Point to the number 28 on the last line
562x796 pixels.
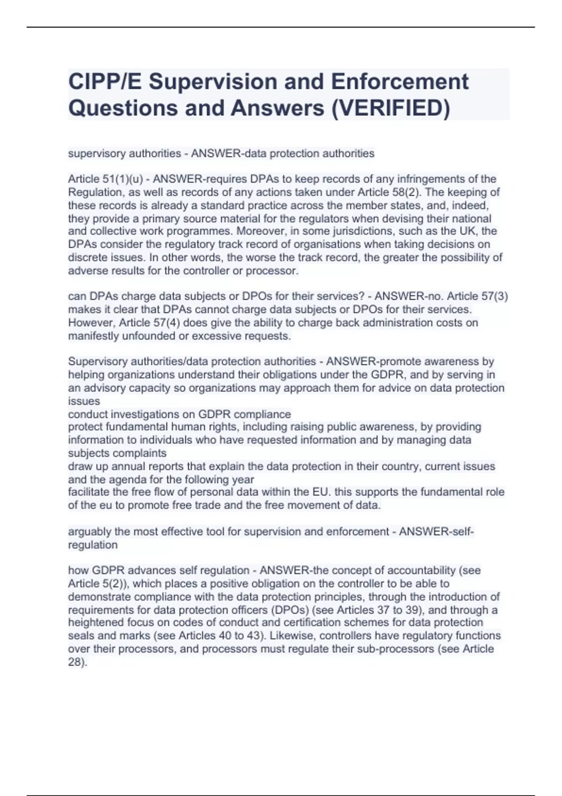point(75,663)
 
